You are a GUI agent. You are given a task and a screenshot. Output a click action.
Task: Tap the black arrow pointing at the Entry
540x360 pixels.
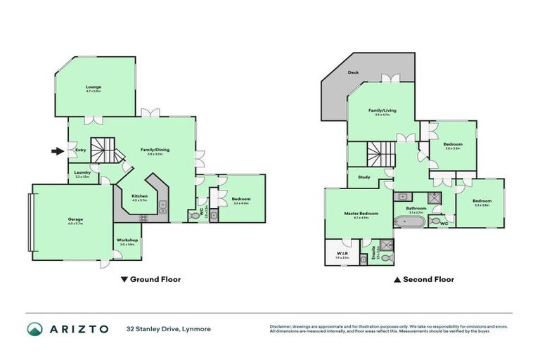pos(56,150)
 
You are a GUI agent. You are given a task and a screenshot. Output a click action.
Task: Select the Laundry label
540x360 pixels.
pos(82,173)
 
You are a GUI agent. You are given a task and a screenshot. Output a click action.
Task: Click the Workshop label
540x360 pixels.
pos(127,240)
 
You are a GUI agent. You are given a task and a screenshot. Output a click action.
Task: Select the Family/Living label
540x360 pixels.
pos(382,110)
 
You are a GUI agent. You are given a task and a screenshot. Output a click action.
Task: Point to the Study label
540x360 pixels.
pos(364,177)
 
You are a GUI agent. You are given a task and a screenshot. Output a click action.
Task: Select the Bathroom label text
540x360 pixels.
pos(416,208)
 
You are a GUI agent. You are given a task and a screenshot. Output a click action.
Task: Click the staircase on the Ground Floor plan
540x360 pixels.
pos(108,150)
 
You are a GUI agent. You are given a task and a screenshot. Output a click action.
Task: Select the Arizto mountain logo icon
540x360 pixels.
pos(34,328)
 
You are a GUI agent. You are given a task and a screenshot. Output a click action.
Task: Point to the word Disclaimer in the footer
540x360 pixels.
pos(281,326)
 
